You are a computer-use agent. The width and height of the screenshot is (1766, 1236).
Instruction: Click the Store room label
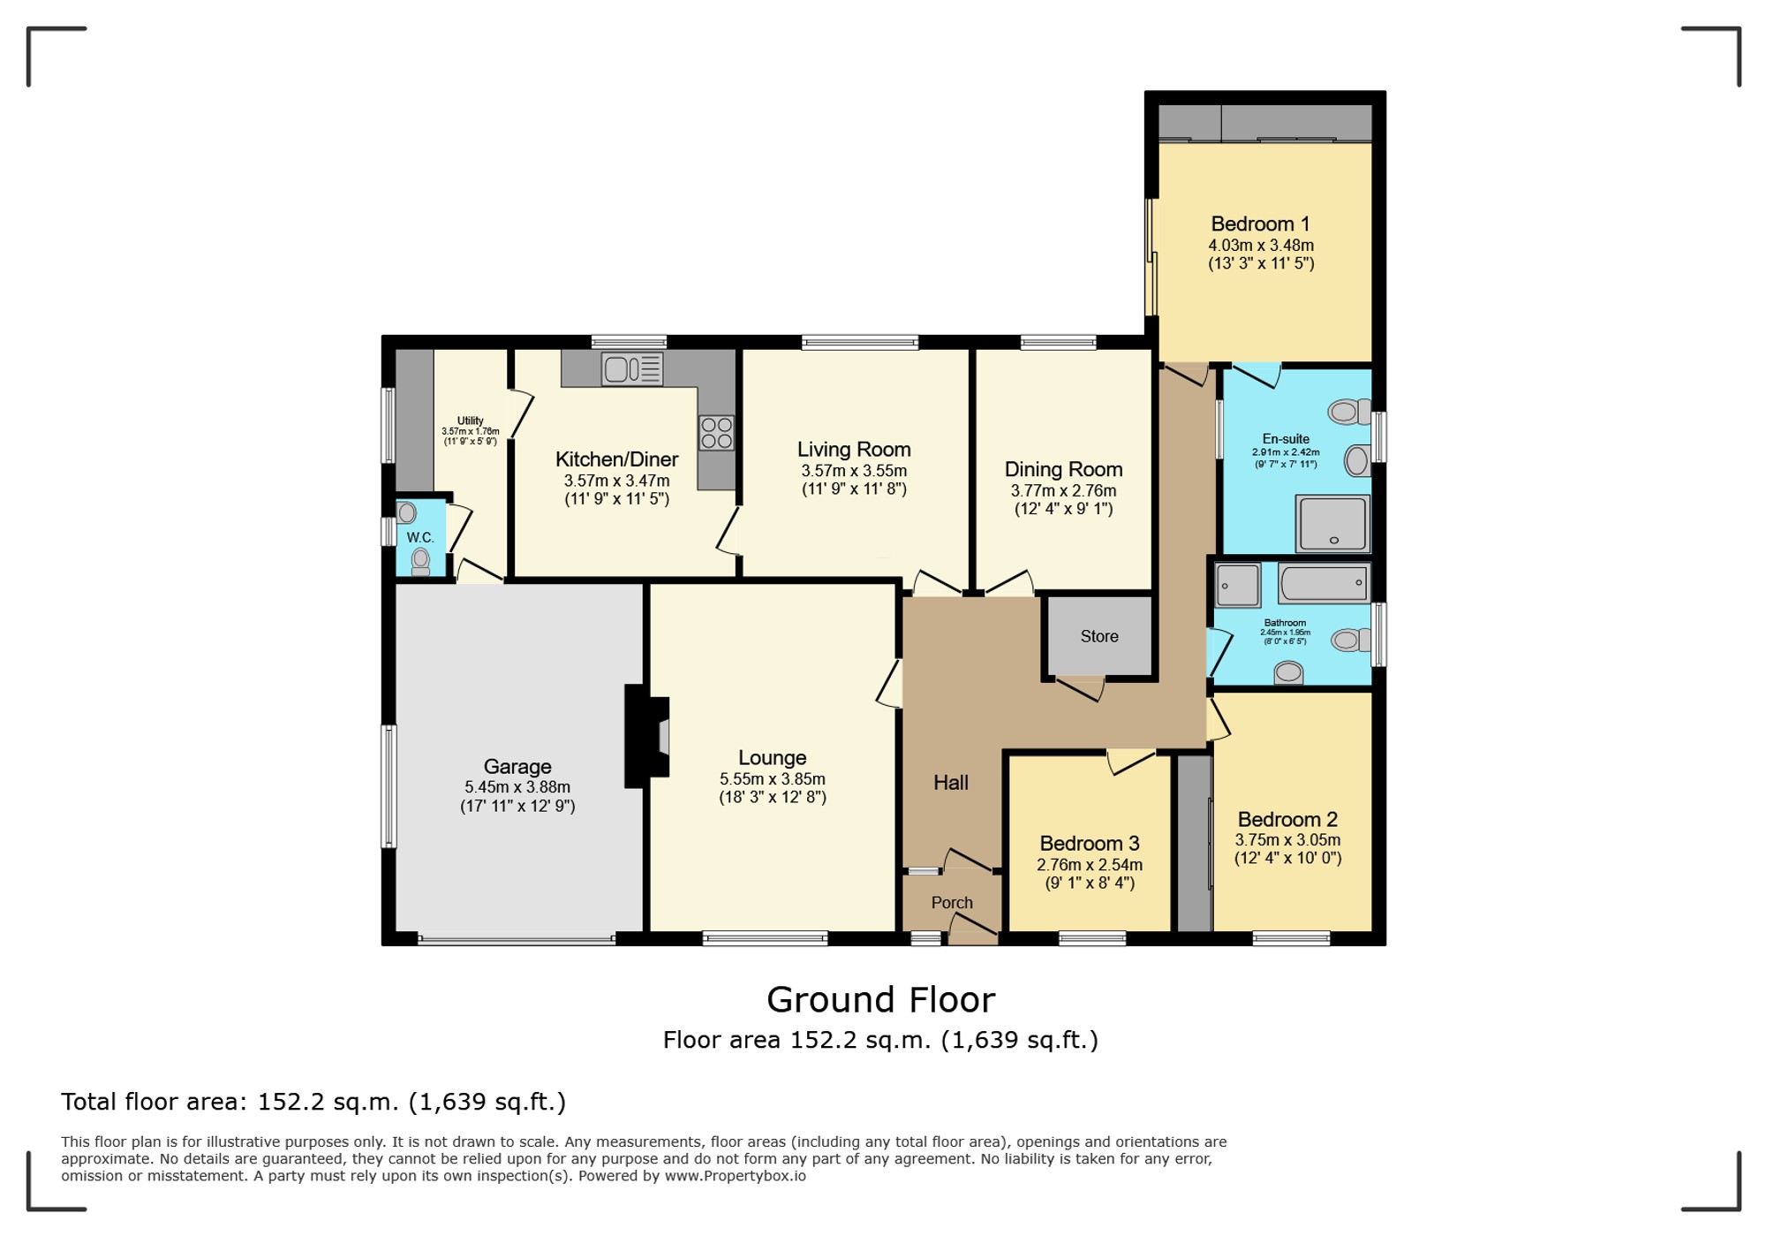click(1099, 636)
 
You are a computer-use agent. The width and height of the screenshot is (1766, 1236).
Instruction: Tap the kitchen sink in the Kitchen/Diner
click(632, 368)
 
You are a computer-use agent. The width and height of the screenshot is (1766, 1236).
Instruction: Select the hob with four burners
click(717, 433)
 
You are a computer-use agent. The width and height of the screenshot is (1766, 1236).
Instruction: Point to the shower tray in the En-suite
click(1333, 523)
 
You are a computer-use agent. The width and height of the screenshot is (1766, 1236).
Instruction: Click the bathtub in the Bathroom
click(1324, 583)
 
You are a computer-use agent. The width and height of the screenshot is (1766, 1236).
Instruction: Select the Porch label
click(952, 903)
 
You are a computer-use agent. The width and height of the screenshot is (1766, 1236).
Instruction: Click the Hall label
click(951, 782)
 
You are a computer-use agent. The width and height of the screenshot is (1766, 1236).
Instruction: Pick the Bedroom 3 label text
click(1090, 843)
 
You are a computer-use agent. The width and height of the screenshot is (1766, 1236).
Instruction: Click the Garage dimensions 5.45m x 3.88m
click(517, 787)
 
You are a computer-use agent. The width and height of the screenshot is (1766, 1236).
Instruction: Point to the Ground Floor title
click(880, 1000)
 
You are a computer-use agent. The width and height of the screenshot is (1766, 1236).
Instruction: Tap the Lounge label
click(773, 758)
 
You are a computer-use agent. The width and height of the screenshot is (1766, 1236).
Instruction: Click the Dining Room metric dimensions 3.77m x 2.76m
click(1063, 490)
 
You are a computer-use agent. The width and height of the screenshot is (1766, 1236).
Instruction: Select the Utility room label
click(471, 421)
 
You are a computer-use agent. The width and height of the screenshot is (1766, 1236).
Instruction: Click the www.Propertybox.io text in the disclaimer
click(735, 1176)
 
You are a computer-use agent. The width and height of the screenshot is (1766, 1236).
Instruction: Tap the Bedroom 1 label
click(1260, 224)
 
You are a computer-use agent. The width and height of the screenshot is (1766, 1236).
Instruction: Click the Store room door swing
click(1081, 688)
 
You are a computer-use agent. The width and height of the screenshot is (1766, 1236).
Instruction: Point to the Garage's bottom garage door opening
click(517, 940)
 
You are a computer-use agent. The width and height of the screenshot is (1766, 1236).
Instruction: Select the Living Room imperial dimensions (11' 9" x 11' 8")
click(854, 489)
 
